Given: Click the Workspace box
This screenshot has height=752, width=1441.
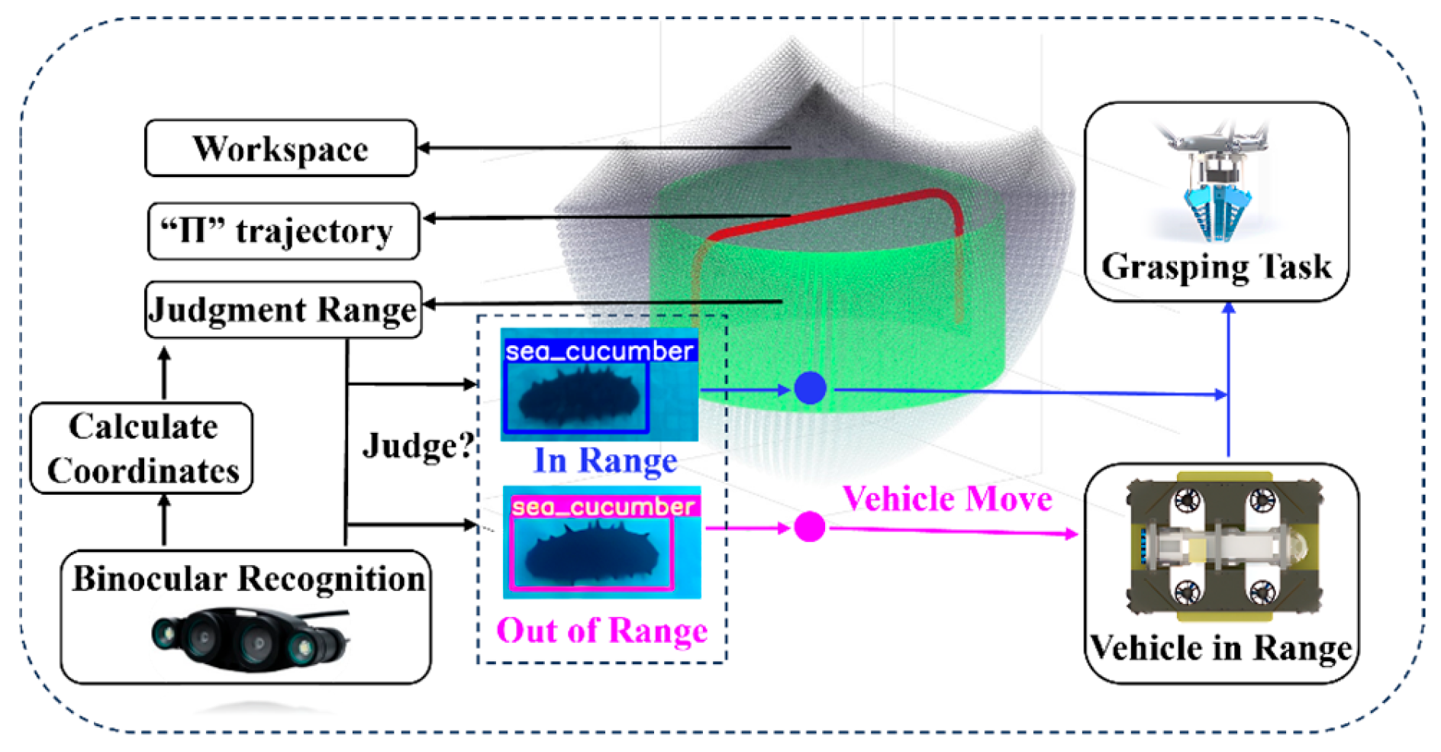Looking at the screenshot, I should pyautogui.click(x=280, y=148).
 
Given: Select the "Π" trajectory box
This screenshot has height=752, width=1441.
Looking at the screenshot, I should pyautogui.click(x=283, y=231).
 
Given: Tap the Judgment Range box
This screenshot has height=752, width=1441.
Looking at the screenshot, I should pyautogui.click(x=283, y=310).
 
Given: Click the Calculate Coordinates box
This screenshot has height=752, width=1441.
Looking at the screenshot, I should pyautogui.click(x=142, y=448).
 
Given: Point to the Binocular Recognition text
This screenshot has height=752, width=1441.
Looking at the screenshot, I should pyautogui.click(x=248, y=579).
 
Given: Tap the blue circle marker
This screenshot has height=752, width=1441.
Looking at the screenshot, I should pyautogui.click(x=810, y=388).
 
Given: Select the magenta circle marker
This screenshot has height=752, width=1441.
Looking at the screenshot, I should pyautogui.click(x=810, y=527).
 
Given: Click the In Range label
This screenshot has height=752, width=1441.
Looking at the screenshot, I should pyautogui.click(x=605, y=460).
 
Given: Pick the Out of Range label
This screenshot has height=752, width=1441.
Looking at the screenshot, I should pyautogui.click(x=601, y=631).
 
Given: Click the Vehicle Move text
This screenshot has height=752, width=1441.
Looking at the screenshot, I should pyautogui.click(x=947, y=499).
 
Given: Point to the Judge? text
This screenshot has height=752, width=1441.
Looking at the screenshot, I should pyautogui.click(x=418, y=445).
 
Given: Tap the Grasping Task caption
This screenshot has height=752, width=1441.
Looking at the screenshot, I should pyautogui.click(x=1216, y=267).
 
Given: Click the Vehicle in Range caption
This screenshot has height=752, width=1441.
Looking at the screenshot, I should pyautogui.click(x=1220, y=648).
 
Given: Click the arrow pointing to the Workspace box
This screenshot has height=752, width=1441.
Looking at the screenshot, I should pyautogui.click(x=603, y=147).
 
